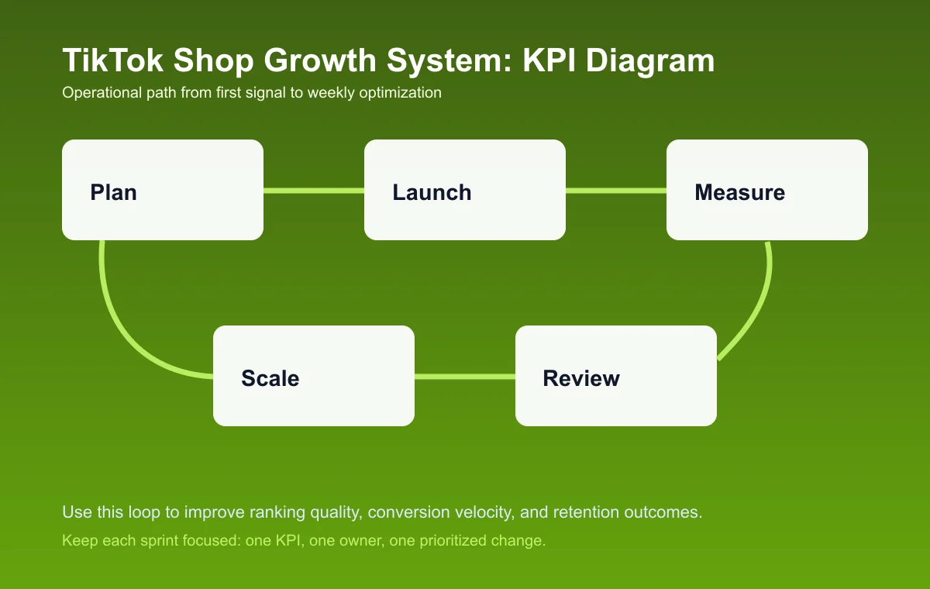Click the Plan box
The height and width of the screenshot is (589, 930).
tap(163, 190)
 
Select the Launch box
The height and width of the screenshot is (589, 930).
tap(465, 190)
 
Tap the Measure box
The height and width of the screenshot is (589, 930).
tap(767, 190)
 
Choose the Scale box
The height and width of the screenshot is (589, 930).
tap(314, 376)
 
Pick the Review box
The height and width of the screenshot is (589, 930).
tap(616, 376)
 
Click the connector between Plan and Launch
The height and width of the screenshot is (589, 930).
tap(314, 190)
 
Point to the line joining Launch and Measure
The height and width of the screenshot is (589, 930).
tap(616, 190)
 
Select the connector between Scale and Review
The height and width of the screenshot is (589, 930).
tap(465, 377)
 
